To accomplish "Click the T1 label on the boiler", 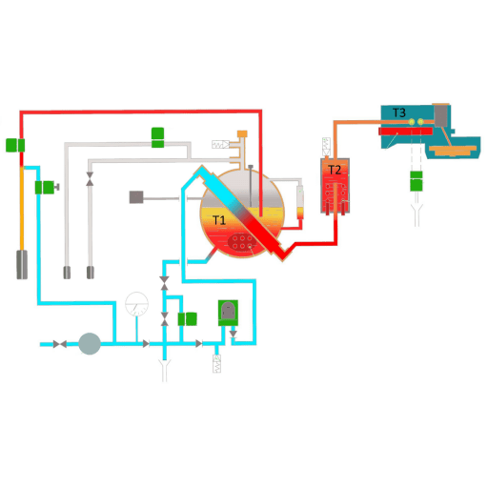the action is (218, 220).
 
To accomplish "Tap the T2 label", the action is (335, 170).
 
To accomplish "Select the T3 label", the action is (399, 112).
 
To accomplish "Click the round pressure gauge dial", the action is (136, 304).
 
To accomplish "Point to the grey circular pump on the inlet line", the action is (90, 344).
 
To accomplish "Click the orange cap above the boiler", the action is (242, 133).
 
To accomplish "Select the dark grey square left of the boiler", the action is (136, 197).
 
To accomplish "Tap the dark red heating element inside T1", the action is (242, 242).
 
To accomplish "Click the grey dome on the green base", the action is (228, 311).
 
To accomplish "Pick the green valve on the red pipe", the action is (15, 145).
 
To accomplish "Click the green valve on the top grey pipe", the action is (157, 137).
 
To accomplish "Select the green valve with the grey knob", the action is (47, 188).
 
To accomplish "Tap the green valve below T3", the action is (417, 181).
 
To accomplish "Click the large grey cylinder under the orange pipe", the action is (22, 265).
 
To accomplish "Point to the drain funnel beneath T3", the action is (417, 215).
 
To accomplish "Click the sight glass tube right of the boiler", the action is (300, 202).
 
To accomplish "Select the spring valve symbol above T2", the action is (326, 147).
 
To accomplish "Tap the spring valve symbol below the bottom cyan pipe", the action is (216, 364).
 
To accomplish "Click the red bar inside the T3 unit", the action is (405, 132).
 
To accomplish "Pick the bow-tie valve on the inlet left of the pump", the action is (60, 344).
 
